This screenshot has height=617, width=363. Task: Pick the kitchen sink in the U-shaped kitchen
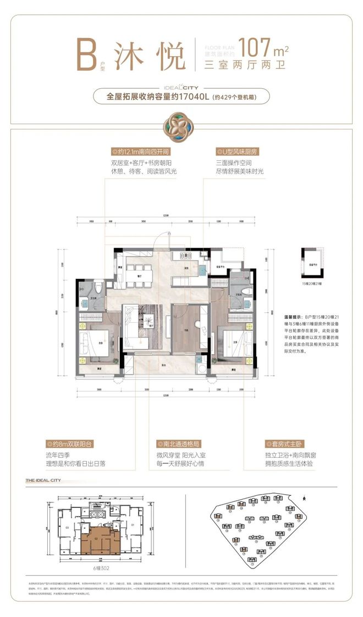point(201,270)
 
